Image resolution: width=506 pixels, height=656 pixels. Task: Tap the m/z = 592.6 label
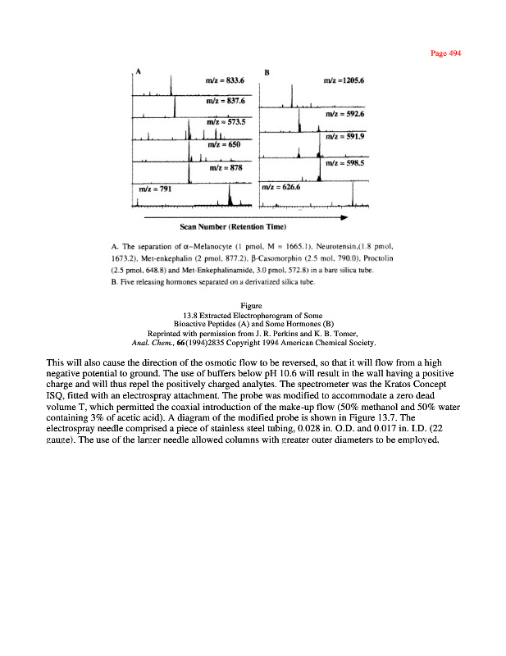(x=344, y=114)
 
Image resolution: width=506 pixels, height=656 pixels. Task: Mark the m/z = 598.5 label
(x=344, y=163)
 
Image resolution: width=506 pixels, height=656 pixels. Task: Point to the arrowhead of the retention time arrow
(x=344, y=217)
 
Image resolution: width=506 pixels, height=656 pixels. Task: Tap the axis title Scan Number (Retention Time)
(x=234, y=227)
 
